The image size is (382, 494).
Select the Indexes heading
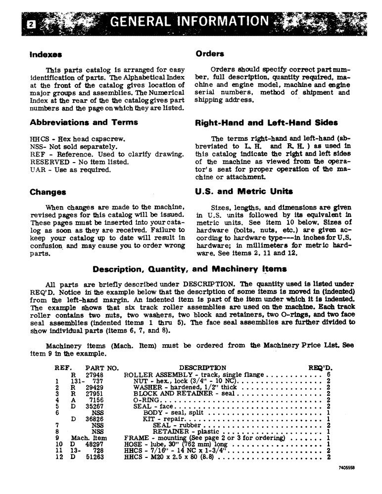point(46,54)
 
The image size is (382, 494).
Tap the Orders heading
point(210,53)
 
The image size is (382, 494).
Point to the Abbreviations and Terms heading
point(84,122)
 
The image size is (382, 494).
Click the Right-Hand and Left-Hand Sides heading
point(267,123)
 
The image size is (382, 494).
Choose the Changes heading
point(48,192)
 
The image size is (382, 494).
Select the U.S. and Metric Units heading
point(244,191)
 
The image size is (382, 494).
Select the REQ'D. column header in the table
point(321,368)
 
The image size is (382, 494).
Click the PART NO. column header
point(102,368)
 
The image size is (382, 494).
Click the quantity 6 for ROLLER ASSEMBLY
point(328,374)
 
